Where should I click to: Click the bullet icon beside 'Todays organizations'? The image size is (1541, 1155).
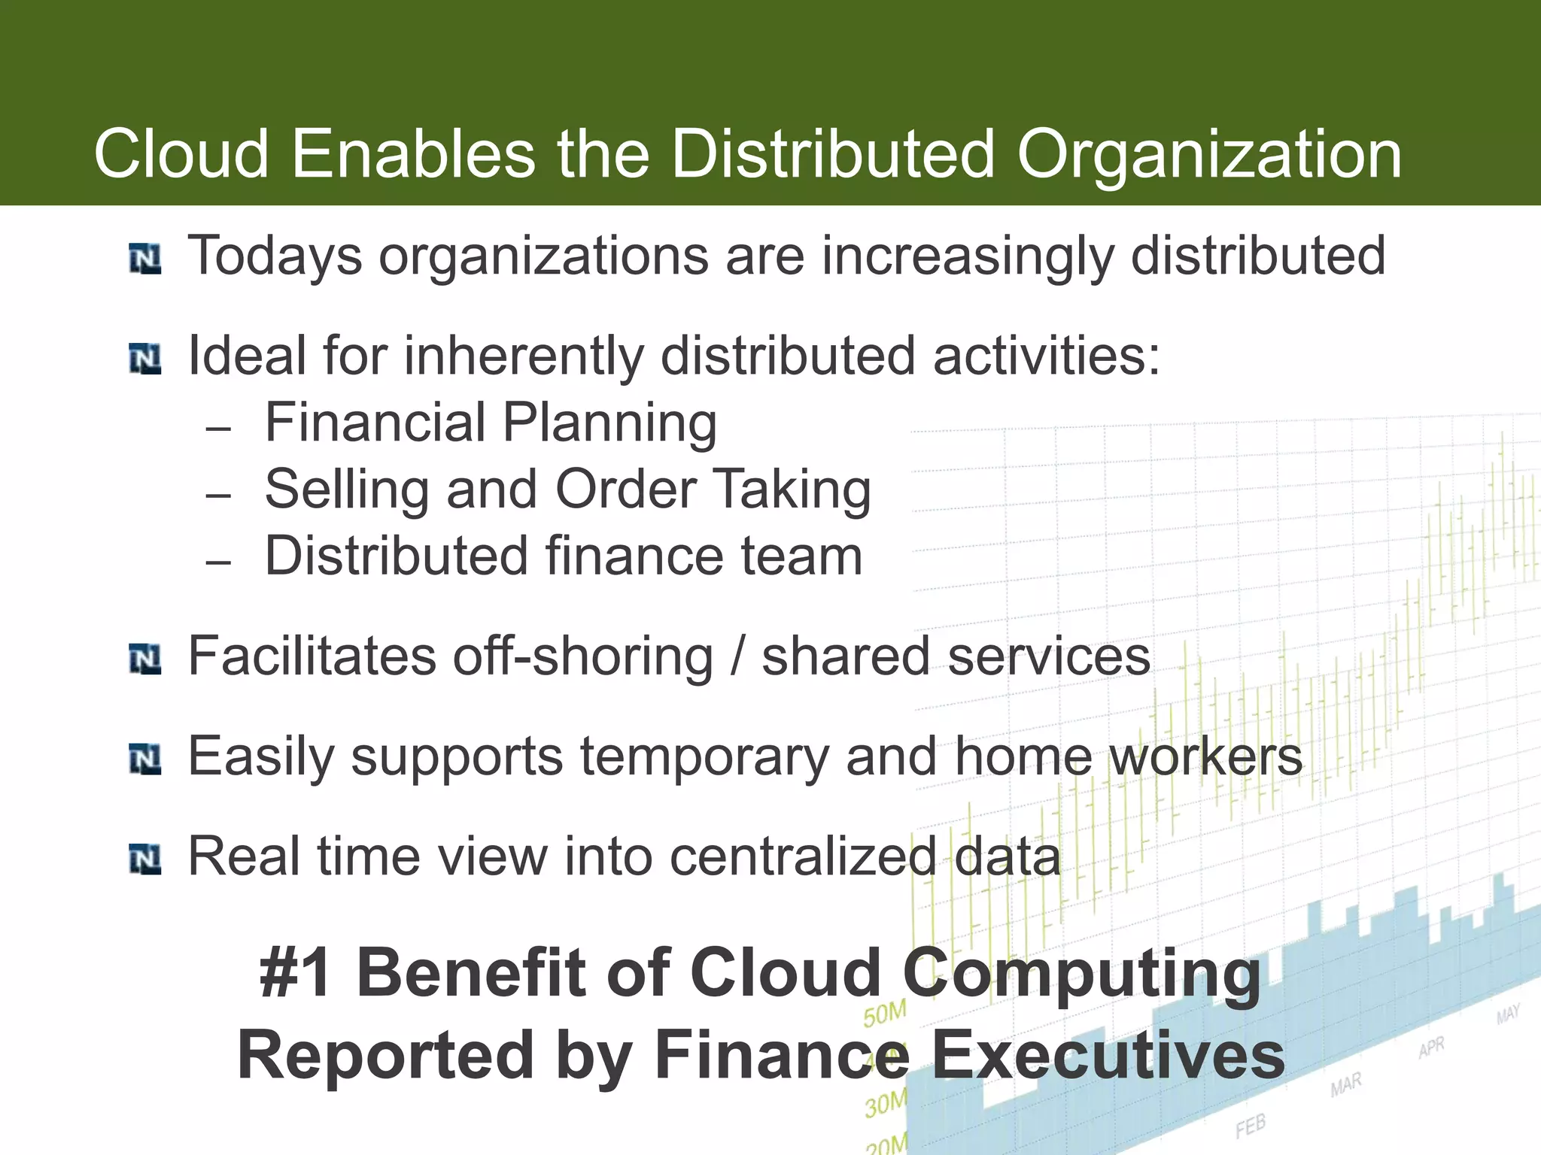145,259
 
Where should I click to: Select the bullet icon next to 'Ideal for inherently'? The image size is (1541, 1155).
145,359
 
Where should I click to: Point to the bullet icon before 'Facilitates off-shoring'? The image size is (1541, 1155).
145,659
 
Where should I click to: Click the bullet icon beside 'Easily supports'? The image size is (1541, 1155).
145,759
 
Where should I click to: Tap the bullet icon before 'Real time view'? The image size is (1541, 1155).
145,859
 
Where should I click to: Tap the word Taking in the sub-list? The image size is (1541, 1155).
792,490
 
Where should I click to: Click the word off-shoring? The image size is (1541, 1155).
583,656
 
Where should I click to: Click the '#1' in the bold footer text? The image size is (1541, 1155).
296,973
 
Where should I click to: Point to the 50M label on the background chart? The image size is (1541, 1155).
885,1014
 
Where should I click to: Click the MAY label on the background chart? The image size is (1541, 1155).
1508,1014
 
